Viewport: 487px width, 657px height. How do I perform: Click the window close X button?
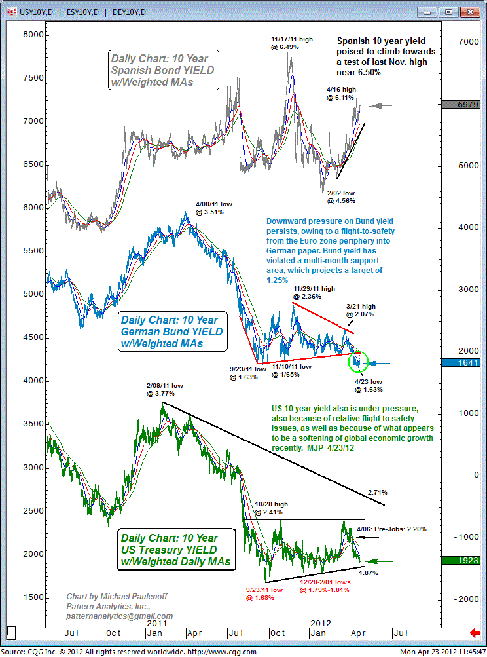466,11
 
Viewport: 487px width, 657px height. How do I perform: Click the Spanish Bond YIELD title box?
164,70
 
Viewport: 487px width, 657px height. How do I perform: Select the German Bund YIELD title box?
172,331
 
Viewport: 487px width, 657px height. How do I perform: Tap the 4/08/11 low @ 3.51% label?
214,208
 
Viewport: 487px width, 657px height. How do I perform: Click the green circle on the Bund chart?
359,360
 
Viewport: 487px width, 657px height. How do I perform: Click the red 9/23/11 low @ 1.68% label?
264,593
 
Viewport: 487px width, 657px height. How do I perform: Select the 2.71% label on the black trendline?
378,492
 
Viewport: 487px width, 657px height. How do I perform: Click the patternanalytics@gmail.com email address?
119,616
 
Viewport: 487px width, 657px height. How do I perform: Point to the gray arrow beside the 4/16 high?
380,105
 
